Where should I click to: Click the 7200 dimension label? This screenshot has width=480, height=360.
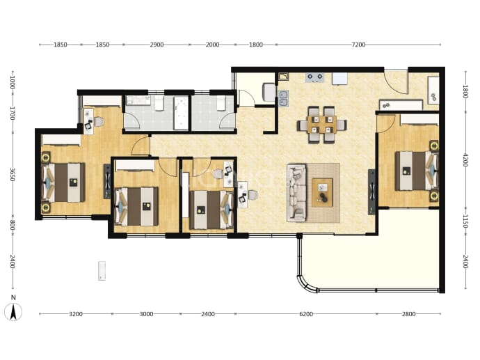click(x=358, y=45)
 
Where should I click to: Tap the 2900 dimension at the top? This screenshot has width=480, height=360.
click(x=157, y=45)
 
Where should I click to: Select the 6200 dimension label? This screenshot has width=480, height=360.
click(x=306, y=314)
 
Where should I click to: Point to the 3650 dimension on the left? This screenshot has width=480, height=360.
click(x=13, y=174)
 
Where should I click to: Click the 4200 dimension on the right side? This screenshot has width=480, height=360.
click(x=465, y=160)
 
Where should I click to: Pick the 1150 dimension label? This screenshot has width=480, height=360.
click(x=465, y=221)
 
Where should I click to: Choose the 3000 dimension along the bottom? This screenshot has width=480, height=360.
click(x=146, y=314)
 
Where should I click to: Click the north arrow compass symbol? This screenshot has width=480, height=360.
click(x=13, y=312)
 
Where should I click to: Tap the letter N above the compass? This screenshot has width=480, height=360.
click(x=13, y=297)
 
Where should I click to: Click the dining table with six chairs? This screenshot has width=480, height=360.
click(x=321, y=125)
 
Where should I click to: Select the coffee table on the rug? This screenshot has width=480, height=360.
click(x=322, y=192)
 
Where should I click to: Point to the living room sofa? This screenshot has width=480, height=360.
click(x=296, y=193)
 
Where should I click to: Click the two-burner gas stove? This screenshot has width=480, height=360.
click(x=315, y=77)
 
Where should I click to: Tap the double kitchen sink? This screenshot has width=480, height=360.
click(x=283, y=98)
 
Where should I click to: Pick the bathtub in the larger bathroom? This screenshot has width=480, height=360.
click(x=181, y=113)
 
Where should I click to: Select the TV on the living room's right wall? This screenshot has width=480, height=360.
click(x=371, y=191)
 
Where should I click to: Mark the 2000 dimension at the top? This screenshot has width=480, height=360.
click(x=212, y=45)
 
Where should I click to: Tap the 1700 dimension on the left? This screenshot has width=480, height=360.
click(x=13, y=113)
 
